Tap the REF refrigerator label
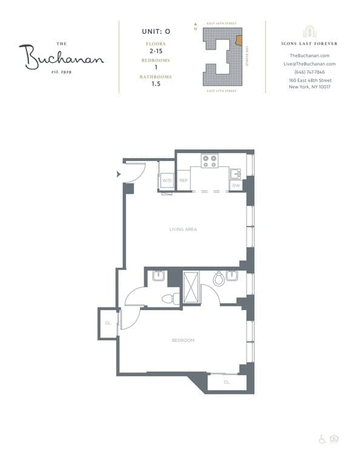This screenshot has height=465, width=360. pos(183,180)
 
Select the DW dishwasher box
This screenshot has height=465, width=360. pos(236,185)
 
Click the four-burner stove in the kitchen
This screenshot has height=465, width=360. pos(210,161)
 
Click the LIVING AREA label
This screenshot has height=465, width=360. pos(182,229)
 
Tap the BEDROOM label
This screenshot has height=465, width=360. pos(182,340)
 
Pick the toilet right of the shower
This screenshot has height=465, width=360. pos(219,279)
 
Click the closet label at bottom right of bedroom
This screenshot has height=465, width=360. pos(227,382)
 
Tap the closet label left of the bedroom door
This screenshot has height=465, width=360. pos(107,323)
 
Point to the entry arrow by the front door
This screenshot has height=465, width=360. pos(119,174)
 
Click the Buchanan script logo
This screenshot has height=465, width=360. pos(61,58)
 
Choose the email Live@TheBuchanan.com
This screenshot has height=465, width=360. pos(310,64)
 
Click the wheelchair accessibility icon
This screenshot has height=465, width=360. pos(322,439)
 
